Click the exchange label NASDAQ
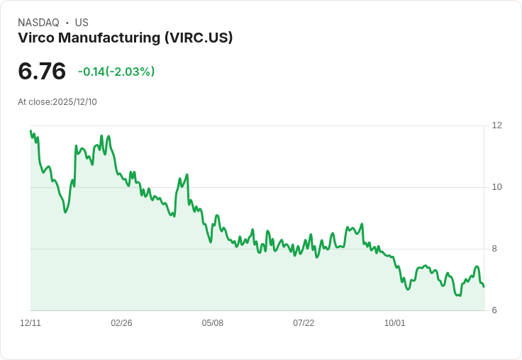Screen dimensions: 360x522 38,23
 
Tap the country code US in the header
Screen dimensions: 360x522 82,23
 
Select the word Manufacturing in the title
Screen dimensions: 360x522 108,38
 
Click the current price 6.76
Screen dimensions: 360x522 42,72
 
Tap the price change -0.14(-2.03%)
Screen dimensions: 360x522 116,72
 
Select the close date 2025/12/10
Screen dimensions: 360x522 74,102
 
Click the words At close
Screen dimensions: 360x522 34,102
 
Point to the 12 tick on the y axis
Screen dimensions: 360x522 496,125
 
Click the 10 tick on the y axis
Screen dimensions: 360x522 496,187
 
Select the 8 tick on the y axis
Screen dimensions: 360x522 494,249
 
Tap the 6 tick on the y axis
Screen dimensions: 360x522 494,310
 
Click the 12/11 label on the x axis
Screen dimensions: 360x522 30,323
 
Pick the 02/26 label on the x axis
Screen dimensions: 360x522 121,323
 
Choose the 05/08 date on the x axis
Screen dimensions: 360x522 213,323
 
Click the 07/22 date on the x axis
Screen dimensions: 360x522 304,323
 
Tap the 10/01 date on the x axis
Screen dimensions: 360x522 394,323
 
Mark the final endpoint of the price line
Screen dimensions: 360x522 484,286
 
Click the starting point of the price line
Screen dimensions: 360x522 30,130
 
